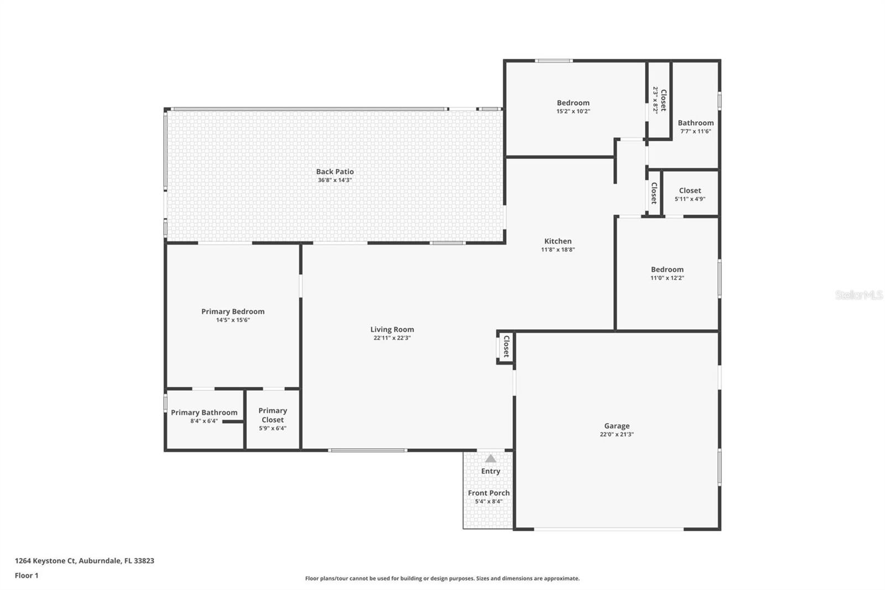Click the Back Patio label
pyautogui.click(x=335, y=172)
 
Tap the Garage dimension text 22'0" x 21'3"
pyautogui.click(x=617, y=434)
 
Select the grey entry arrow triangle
pyautogui.click(x=491, y=458)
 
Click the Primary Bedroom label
pyautogui.click(x=233, y=312)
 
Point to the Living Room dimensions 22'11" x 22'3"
pyautogui.click(x=392, y=338)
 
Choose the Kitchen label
pyautogui.click(x=558, y=241)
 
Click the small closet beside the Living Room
pyautogui.click(x=506, y=347)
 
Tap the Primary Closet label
pyautogui.click(x=273, y=415)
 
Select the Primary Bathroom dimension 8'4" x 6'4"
pyautogui.click(x=204, y=421)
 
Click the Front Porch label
pyautogui.click(x=489, y=493)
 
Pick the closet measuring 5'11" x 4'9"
pyautogui.click(x=690, y=194)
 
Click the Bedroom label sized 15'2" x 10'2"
pyautogui.click(x=573, y=102)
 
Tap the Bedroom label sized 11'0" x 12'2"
pyautogui.click(x=667, y=270)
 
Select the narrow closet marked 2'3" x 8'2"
pyautogui.click(x=659, y=100)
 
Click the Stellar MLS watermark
pyautogui.click(x=858, y=295)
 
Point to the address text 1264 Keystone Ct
pyautogui.click(x=84, y=561)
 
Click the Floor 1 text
pyautogui.click(x=27, y=576)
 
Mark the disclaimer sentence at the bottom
pyautogui.click(x=442, y=578)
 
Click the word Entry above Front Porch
pyautogui.click(x=491, y=471)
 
